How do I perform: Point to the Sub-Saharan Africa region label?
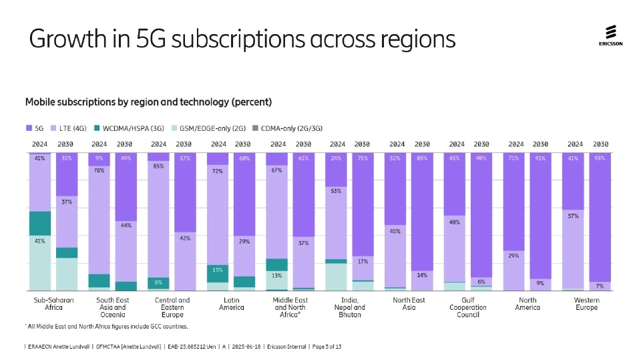point(53,304)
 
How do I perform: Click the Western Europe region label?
point(587,304)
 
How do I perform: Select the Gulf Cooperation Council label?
point(468,307)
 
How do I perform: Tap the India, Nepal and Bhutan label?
point(349,307)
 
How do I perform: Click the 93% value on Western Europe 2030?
point(600,158)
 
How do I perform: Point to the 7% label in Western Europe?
point(600,286)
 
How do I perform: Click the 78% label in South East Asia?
point(99,170)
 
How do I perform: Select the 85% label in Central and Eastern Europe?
point(158,166)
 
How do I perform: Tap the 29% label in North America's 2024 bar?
point(514,255)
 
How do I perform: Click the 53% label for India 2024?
point(336,191)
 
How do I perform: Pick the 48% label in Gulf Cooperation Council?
point(455,222)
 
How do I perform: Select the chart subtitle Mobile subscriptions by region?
point(148,102)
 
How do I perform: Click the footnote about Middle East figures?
point(107,327)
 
